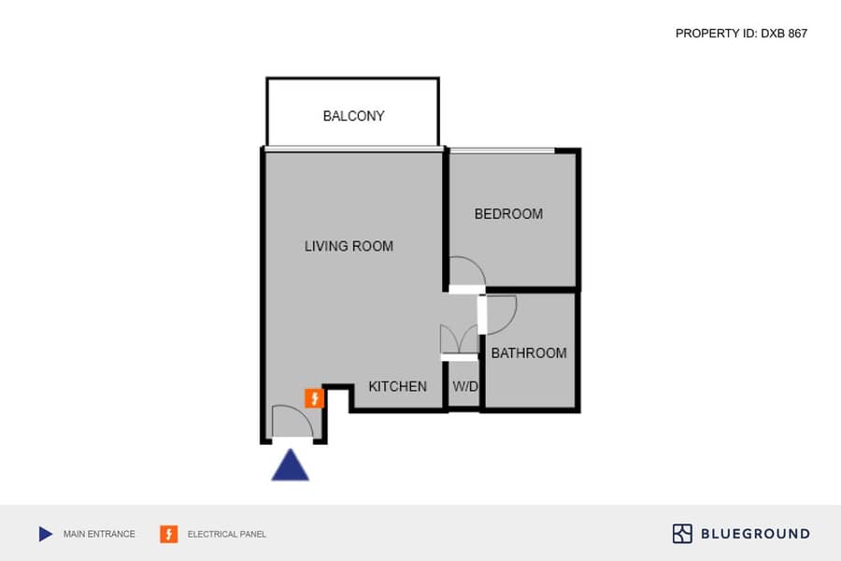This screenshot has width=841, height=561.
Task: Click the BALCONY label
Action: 353,116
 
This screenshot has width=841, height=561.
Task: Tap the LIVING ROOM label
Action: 349,247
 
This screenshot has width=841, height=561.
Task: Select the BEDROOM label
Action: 508,214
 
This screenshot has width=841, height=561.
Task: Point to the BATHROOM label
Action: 529,353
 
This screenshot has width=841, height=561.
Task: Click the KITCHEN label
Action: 397,386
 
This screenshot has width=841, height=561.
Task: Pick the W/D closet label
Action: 465,386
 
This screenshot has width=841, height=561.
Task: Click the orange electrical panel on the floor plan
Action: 314,398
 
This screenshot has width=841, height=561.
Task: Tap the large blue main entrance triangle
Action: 291,465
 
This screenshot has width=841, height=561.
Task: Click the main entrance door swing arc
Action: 300,410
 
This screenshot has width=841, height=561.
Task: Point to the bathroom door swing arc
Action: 509,324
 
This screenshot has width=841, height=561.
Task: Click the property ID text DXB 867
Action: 784,34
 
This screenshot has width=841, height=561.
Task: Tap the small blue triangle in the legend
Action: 46,534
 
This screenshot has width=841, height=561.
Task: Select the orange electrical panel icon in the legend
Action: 169,534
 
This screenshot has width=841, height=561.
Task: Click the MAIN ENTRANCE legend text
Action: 99,534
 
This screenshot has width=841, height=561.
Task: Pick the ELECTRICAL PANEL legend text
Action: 226,534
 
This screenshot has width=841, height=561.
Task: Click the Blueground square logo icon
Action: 682,534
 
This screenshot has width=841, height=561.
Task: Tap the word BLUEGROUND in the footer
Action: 755,534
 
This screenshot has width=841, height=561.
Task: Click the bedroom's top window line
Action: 502,151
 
